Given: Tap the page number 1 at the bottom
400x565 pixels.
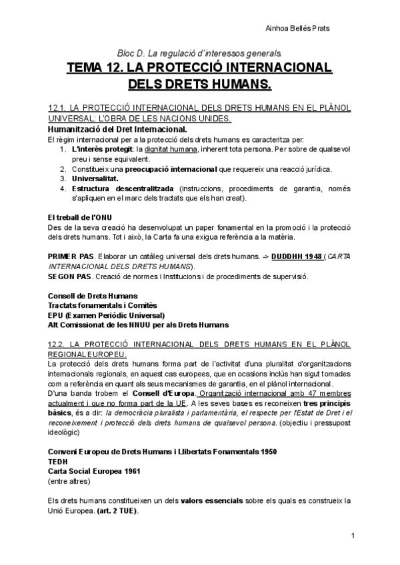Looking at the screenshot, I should coord(352,536).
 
